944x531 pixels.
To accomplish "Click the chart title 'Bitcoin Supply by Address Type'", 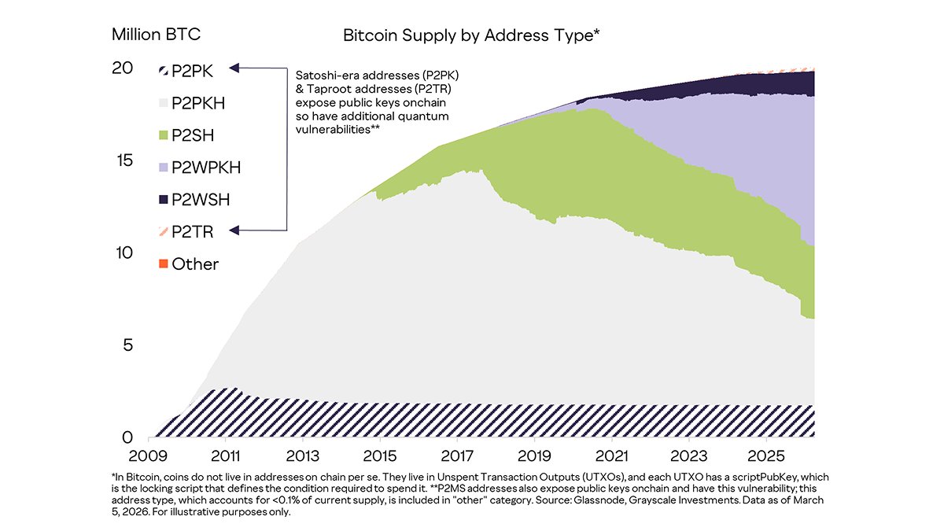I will tap(472, 35).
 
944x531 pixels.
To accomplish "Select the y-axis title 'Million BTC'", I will tap(156, 35).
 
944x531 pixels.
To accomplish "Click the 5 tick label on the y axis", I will tap(126, 345).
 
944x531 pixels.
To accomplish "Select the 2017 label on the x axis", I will tap(457, 456).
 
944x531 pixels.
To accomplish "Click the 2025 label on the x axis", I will tap(765, 456).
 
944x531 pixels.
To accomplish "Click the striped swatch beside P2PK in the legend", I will tap(164, 70).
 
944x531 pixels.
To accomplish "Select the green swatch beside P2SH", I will tap(164, 135).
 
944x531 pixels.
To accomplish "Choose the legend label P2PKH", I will tap(199, 102).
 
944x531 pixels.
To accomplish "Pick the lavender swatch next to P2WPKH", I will tap(164, 167).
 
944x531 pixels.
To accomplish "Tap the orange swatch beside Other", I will tap(164, 264).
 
